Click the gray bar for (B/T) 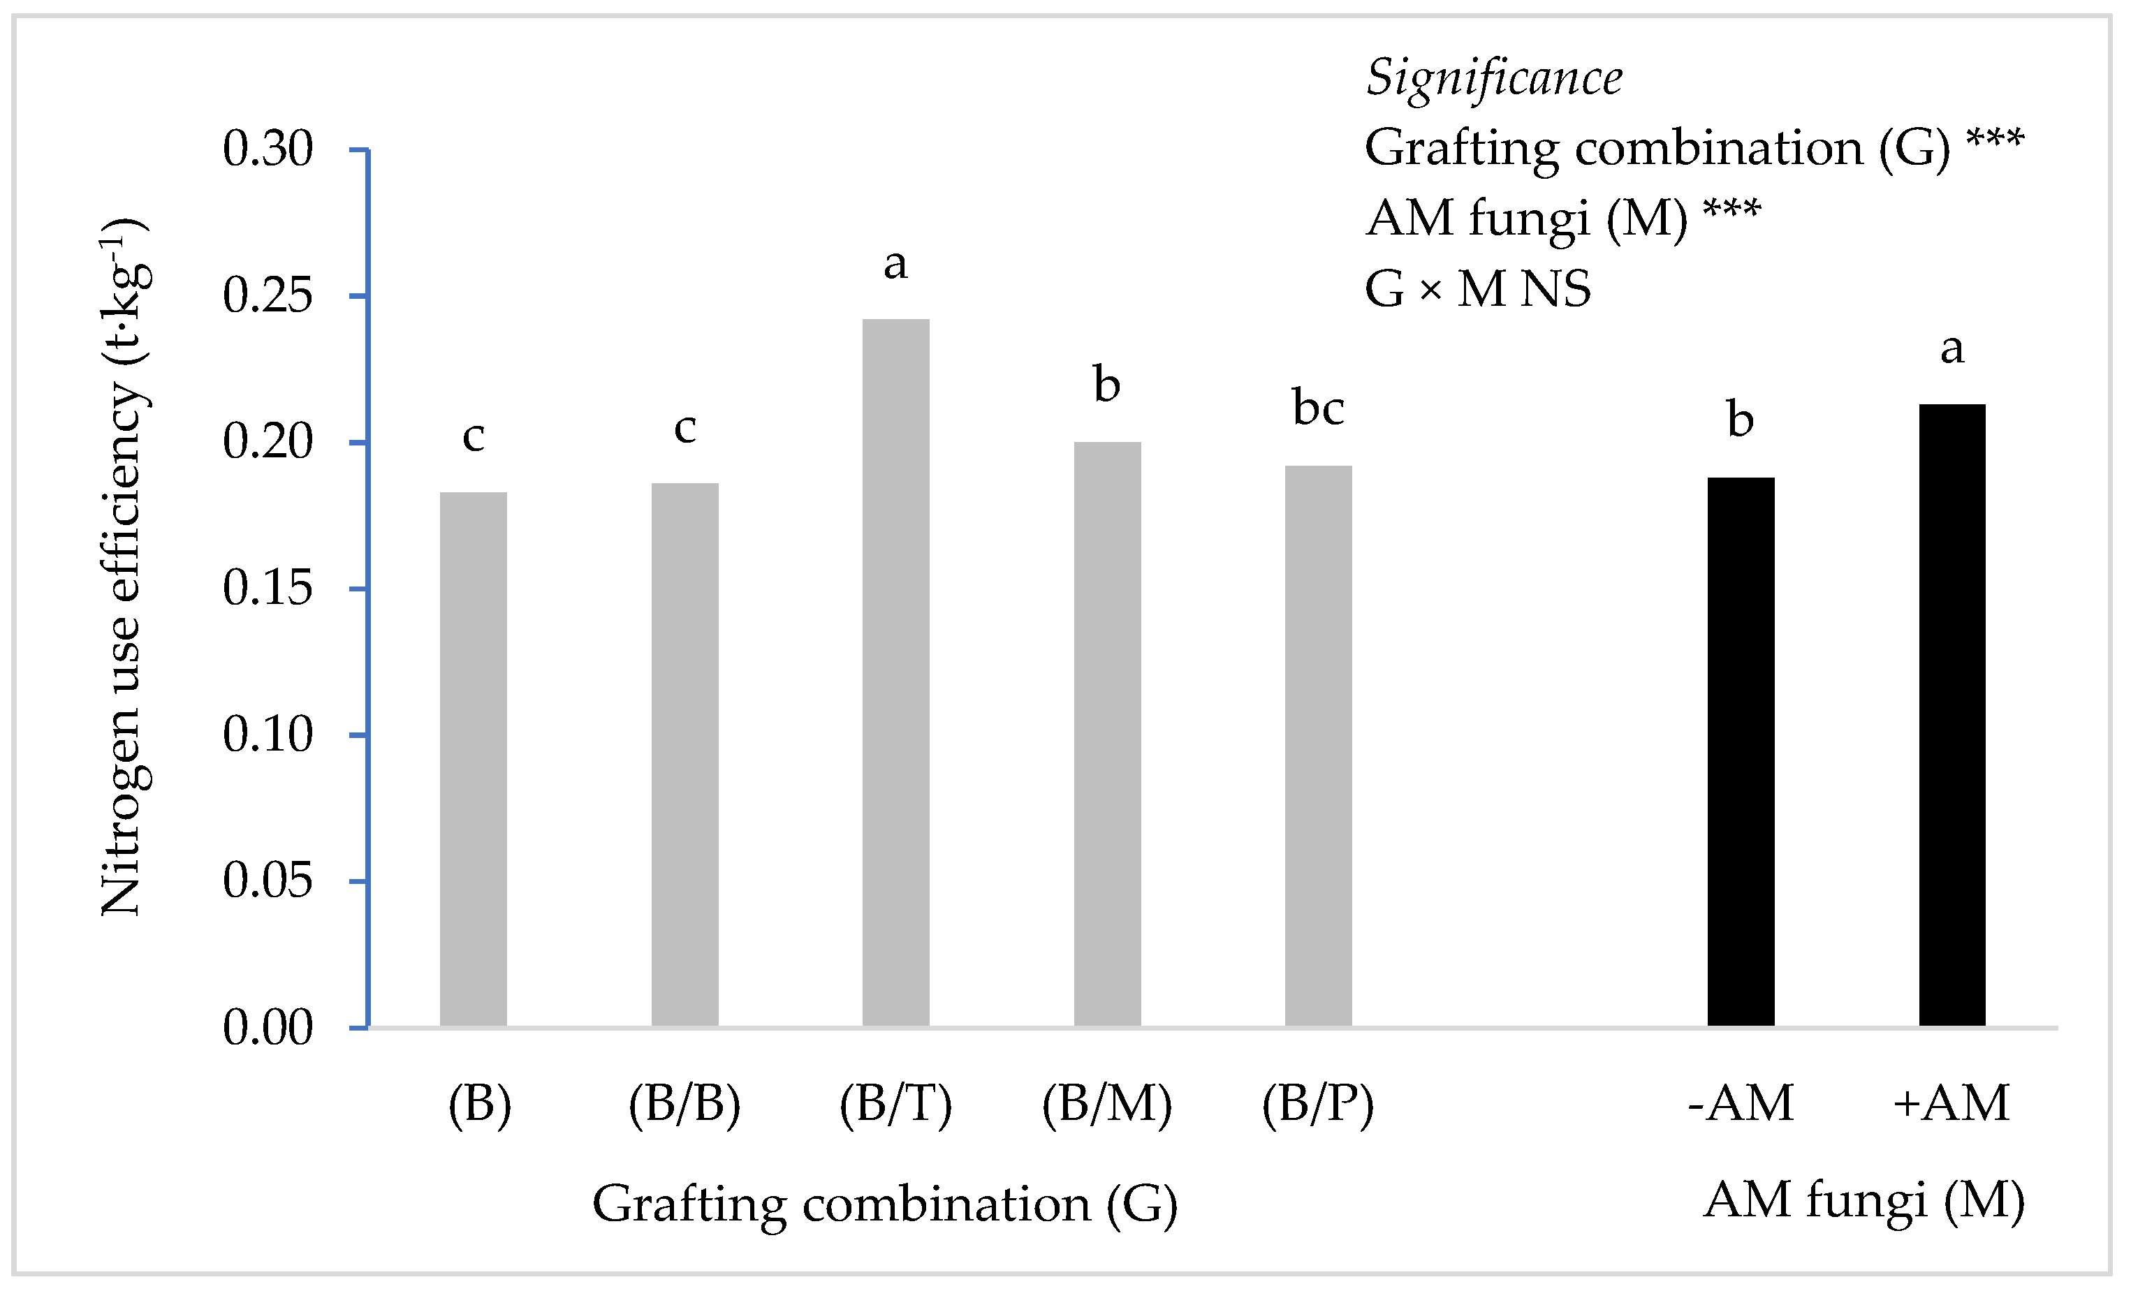tap(895, 674)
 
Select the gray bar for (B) tap(473, 761)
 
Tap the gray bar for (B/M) tap(1107, 735)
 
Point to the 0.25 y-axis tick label tap(268, 297)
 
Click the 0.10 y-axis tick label tap(268, 736)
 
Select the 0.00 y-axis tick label tap(268, 1029)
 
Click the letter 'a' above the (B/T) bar tap(895, 264)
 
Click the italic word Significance tap(1493, 78)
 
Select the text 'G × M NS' tap(1477, 289)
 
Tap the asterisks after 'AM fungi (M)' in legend tap(1731, 209)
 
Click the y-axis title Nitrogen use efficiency tap(123, 566)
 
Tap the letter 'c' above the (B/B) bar tap(685, 429)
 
